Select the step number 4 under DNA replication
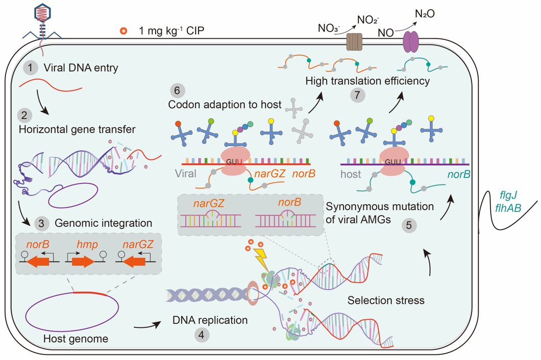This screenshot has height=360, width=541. click(x=203, y=335)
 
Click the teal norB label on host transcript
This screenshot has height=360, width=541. click(x=458, y=174)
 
